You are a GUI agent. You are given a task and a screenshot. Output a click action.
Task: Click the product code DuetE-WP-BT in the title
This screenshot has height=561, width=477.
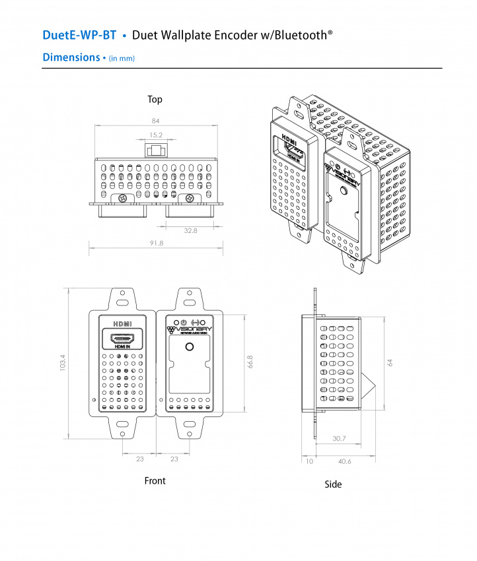coord(79,35)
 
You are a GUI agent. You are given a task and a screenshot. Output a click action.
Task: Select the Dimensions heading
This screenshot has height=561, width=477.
coord(71,57)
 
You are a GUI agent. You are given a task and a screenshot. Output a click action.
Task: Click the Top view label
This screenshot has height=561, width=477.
coord(155,99)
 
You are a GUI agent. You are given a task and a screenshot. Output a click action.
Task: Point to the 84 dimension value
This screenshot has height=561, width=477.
coord(156,121)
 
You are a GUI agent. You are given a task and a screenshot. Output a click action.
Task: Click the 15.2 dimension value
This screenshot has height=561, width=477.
coord(156,135)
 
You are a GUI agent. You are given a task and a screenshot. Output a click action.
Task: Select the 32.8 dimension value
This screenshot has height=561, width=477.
coord(191,230)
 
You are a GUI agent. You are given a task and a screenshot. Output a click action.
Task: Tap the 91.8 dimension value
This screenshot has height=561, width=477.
coord(156,244)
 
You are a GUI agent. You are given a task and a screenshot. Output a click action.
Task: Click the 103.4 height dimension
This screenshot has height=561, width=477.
coord(63,363)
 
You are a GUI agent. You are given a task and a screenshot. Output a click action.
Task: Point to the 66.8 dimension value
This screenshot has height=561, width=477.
coord(250,362)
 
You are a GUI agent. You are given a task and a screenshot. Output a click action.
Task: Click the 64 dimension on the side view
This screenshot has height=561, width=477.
coord(390,362)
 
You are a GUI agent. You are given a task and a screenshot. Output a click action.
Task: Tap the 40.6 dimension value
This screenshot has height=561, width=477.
coord(344,461)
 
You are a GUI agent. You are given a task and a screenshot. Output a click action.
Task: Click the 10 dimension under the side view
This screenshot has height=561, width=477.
coord(309,461)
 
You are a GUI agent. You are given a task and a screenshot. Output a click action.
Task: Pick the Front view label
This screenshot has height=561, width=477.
coord(155,481)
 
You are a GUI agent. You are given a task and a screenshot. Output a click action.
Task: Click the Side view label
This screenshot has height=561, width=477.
coord(333,484)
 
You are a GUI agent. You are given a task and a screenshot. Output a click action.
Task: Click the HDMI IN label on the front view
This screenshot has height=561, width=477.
coord(122,346)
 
